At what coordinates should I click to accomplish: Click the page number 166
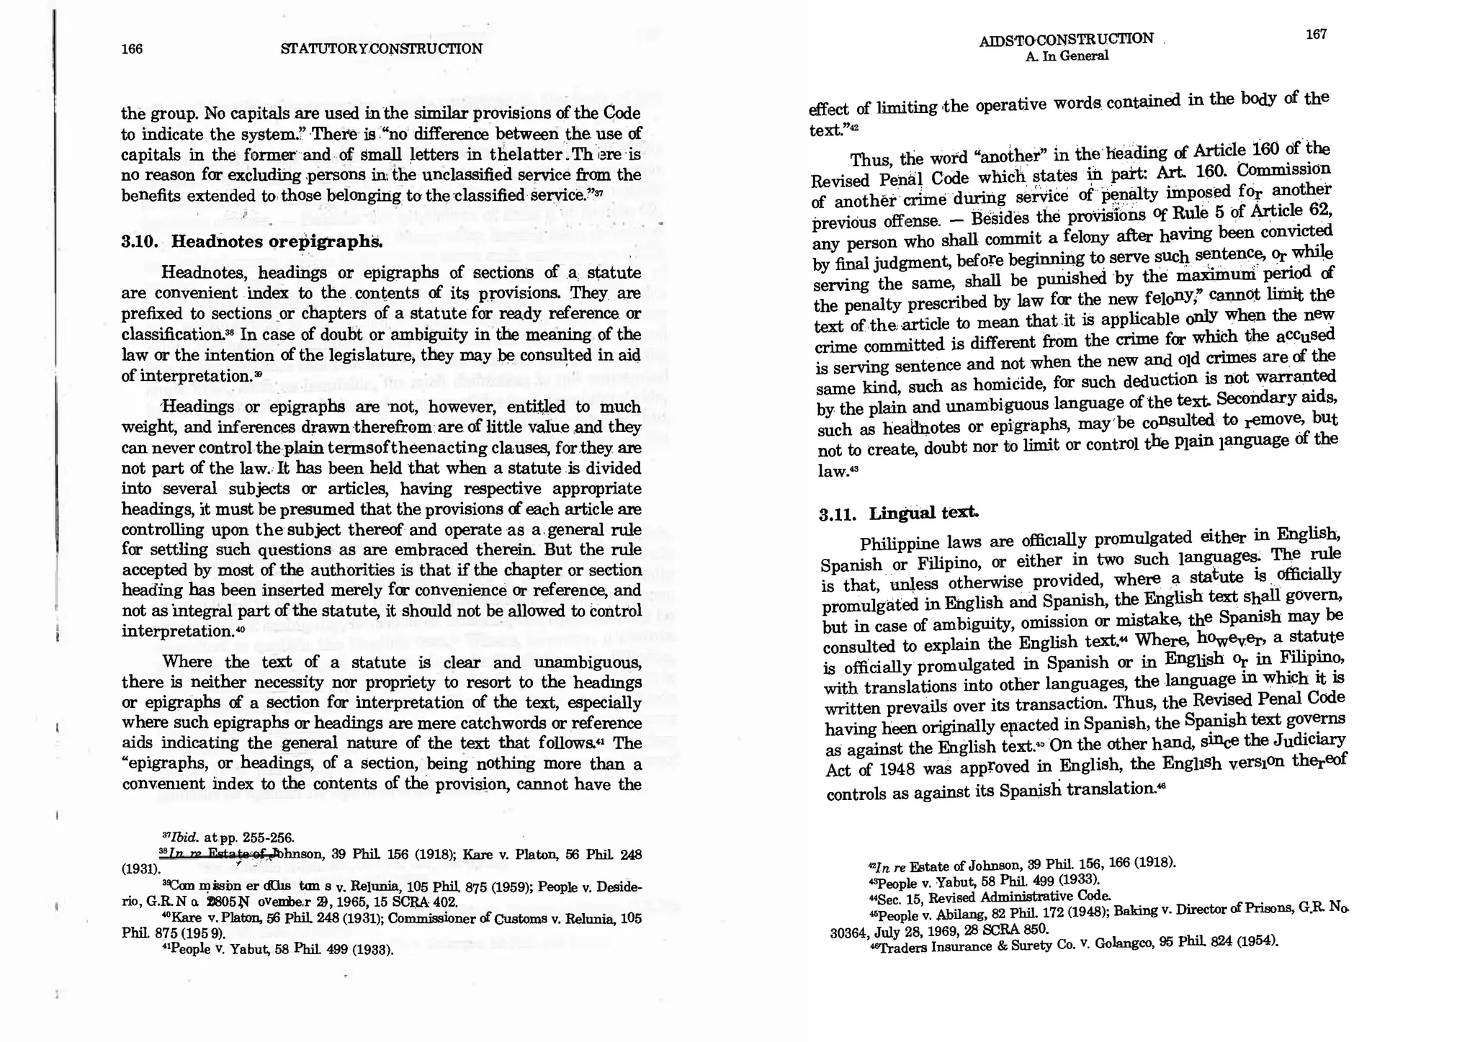pos(132,49)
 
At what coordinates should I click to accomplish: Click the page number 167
pos(1316,35)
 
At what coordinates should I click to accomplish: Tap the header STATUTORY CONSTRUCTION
pos(381,49)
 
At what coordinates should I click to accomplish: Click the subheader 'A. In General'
pos(1067,56)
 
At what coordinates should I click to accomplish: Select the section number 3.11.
pos(838,515)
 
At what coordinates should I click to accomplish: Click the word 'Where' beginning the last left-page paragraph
pos(188,662)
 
